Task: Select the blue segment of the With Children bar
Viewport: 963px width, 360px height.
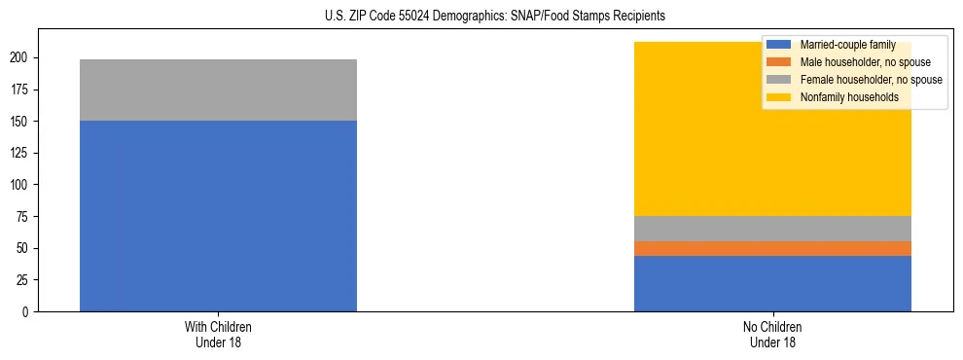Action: click(x=218, y=216)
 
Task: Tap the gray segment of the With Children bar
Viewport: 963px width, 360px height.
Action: click(x=218, y=90)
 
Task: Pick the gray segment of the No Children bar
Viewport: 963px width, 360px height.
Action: click(x=772, y=229)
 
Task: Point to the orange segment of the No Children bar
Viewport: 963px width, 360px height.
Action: click(x=772, y=248)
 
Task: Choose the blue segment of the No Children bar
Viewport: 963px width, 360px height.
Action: click(x=772, y=283)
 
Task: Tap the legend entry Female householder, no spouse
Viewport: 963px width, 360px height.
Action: click(x=870, y=80)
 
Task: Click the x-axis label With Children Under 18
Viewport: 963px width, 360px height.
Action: click(x=218, y=335)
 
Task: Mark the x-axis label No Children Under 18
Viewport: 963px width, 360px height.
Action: click(x=772, y=335)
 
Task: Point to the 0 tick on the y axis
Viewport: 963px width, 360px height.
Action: click(x=26, y=312)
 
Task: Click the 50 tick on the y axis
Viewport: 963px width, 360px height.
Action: click(x=23, y=248)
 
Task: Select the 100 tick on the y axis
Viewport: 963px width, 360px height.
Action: click(x=20, y=185)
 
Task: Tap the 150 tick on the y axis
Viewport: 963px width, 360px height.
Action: click(x=20, y=122)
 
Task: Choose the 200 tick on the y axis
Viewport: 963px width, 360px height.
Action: click(x=20, y=58)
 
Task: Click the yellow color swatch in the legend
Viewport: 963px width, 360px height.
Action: click(x=778, y=97)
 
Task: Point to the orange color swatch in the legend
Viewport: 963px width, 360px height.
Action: click(x=778, y=62)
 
